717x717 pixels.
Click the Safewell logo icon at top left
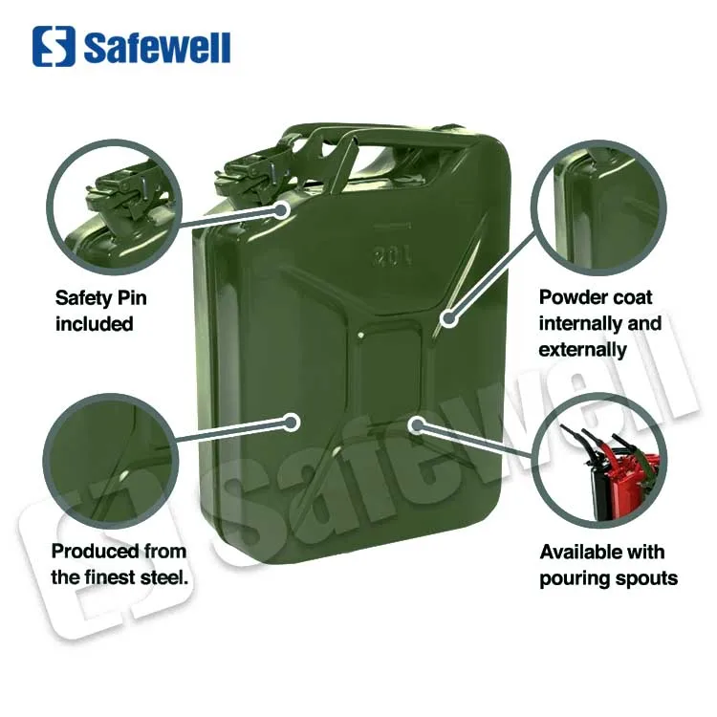54,46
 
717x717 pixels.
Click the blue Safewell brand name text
157,47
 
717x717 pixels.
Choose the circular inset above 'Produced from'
113,460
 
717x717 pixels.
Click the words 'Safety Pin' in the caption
101,298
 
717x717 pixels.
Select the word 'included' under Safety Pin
94,324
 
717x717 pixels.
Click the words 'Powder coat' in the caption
596,297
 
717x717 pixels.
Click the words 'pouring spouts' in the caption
608,577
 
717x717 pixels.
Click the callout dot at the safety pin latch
283,208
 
